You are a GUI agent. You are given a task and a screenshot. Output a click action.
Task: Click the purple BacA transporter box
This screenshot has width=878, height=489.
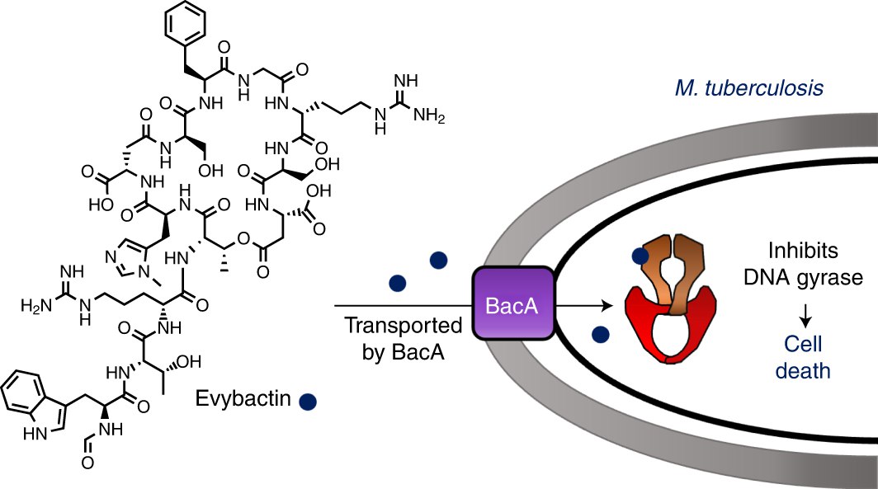point(512,305)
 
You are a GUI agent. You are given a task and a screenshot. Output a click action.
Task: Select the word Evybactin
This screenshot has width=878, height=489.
point(245,400)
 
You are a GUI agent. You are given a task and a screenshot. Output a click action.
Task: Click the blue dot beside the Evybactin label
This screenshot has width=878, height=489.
point(309,402)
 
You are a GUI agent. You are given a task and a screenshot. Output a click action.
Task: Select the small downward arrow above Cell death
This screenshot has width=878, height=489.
point(805,314)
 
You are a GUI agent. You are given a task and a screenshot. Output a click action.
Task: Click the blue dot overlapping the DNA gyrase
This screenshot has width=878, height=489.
point(640,256)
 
